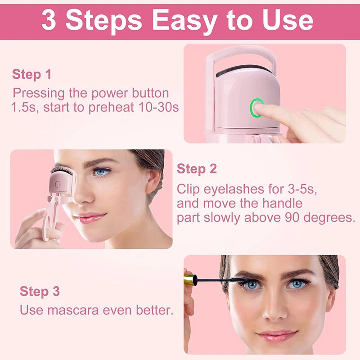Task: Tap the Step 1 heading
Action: pos(31,74)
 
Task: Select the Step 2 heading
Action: pos(197,169)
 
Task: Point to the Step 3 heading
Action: pos(40,291)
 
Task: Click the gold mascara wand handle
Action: pos(189,280)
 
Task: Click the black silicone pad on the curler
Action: pos(243,71)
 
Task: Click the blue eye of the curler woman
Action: pos(102,172)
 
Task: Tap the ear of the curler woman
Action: pos(153,180)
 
